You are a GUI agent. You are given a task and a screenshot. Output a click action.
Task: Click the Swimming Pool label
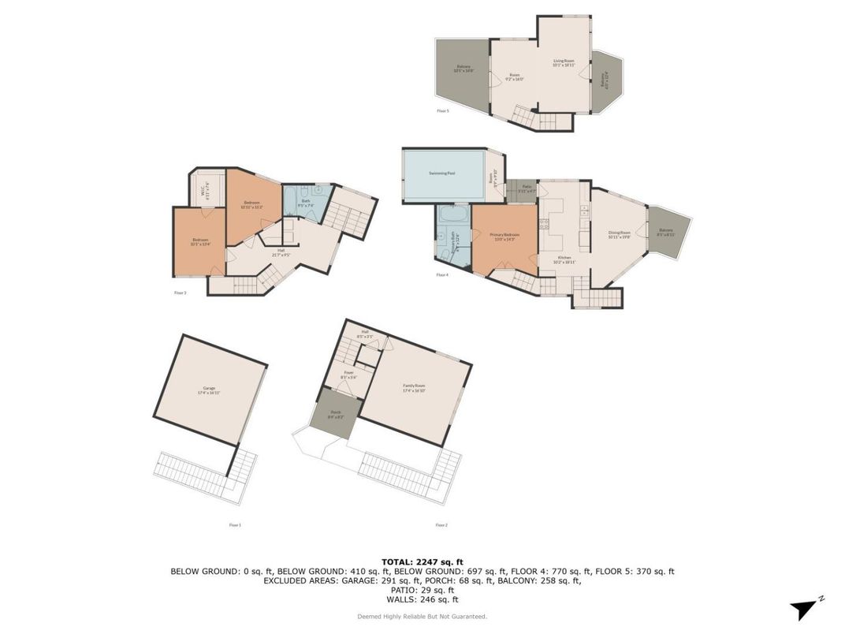tap(441, 173)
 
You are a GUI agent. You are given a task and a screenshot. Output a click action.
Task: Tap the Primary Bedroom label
tap(504, 236)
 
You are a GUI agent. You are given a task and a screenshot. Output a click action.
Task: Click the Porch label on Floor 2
tap(335, 414)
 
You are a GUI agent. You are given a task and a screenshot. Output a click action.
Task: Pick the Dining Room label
tap(619, 234)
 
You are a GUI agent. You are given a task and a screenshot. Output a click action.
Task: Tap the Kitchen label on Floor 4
tap(564, 259)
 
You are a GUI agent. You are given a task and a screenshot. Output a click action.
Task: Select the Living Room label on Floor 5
tap(563, 63)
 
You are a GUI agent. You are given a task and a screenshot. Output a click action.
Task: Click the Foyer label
tap(348, 375)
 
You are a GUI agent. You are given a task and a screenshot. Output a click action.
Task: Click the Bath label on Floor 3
tap(306, 203)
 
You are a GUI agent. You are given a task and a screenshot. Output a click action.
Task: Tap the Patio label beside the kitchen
tap(527, 188)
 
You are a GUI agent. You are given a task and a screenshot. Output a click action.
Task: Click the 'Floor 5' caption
tap(442, 111)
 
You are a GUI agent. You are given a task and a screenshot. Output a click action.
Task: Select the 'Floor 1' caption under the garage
tap(235, 524)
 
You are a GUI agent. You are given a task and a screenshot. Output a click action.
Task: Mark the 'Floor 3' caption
tap(180, 293)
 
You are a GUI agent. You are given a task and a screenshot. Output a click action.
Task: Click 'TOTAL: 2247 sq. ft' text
tap(422, 561)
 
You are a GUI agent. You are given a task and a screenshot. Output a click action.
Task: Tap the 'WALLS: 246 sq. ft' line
tap(422, 599)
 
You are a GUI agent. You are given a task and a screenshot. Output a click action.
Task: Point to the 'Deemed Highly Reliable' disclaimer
tap(422, 617)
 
